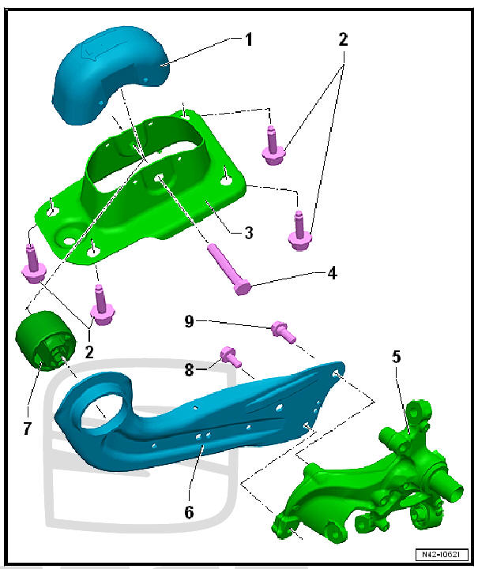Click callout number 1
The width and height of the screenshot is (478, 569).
pos(249,39)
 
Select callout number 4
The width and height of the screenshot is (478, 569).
pos(333,274)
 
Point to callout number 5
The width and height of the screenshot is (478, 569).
pos(397,357)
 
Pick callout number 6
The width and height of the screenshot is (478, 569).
pos(189,511)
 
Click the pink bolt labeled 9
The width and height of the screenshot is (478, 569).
pos(283,331)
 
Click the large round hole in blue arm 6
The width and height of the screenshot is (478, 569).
pos(104,405)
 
